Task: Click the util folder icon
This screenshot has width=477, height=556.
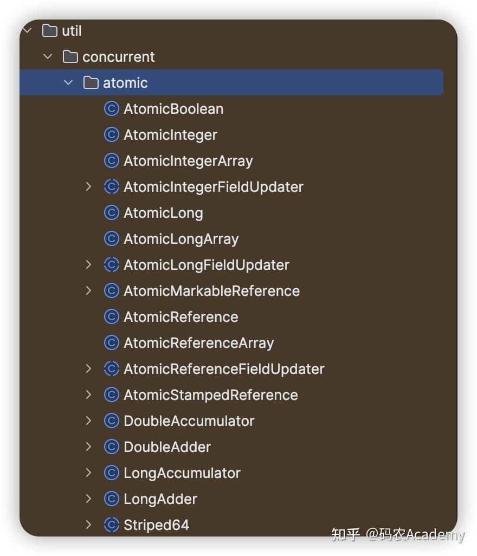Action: [x=50, y=31]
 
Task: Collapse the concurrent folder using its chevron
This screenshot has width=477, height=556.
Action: [x=48, y=57]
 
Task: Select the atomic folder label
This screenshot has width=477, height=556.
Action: [x=125, y=83]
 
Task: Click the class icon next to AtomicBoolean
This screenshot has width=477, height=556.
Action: [x=111, y=109]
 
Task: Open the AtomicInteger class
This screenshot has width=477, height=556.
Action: [x=170, y=135]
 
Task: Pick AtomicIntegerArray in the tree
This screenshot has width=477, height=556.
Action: [x=188, y=161]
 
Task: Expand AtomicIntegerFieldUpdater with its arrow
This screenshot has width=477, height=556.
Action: [x=89, y=187]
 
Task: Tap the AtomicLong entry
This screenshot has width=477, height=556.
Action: [x=163, y=213]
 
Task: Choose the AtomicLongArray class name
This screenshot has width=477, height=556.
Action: [x=181, y=239]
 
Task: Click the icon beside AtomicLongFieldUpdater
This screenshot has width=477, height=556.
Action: [x=111, y=265]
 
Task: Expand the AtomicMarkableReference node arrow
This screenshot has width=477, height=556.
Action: [x=89, y=291]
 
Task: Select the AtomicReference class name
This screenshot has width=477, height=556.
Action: [x=181, y=317]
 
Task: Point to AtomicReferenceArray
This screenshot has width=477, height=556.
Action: [x=198, y=343]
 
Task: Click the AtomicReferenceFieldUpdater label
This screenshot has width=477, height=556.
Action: [x=224, y=369]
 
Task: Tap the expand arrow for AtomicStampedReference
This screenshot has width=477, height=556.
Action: [x=89, y=395]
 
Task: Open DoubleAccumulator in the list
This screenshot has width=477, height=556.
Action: [x=189, y=421]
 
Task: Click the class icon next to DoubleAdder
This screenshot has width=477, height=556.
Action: [x=111, y=447]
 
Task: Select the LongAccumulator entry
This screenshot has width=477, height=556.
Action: [x=182, y=473]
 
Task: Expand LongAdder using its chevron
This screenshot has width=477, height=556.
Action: [x=89, y=499]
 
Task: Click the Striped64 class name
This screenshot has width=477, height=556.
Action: [x=156, y=525]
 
